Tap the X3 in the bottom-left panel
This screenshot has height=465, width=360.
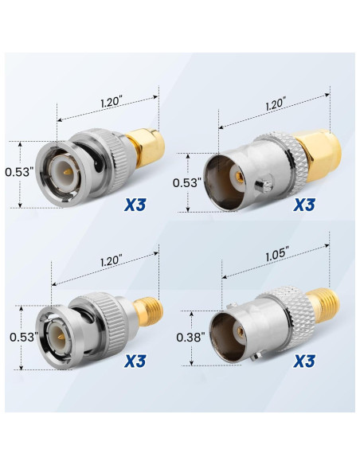point(137,361)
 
